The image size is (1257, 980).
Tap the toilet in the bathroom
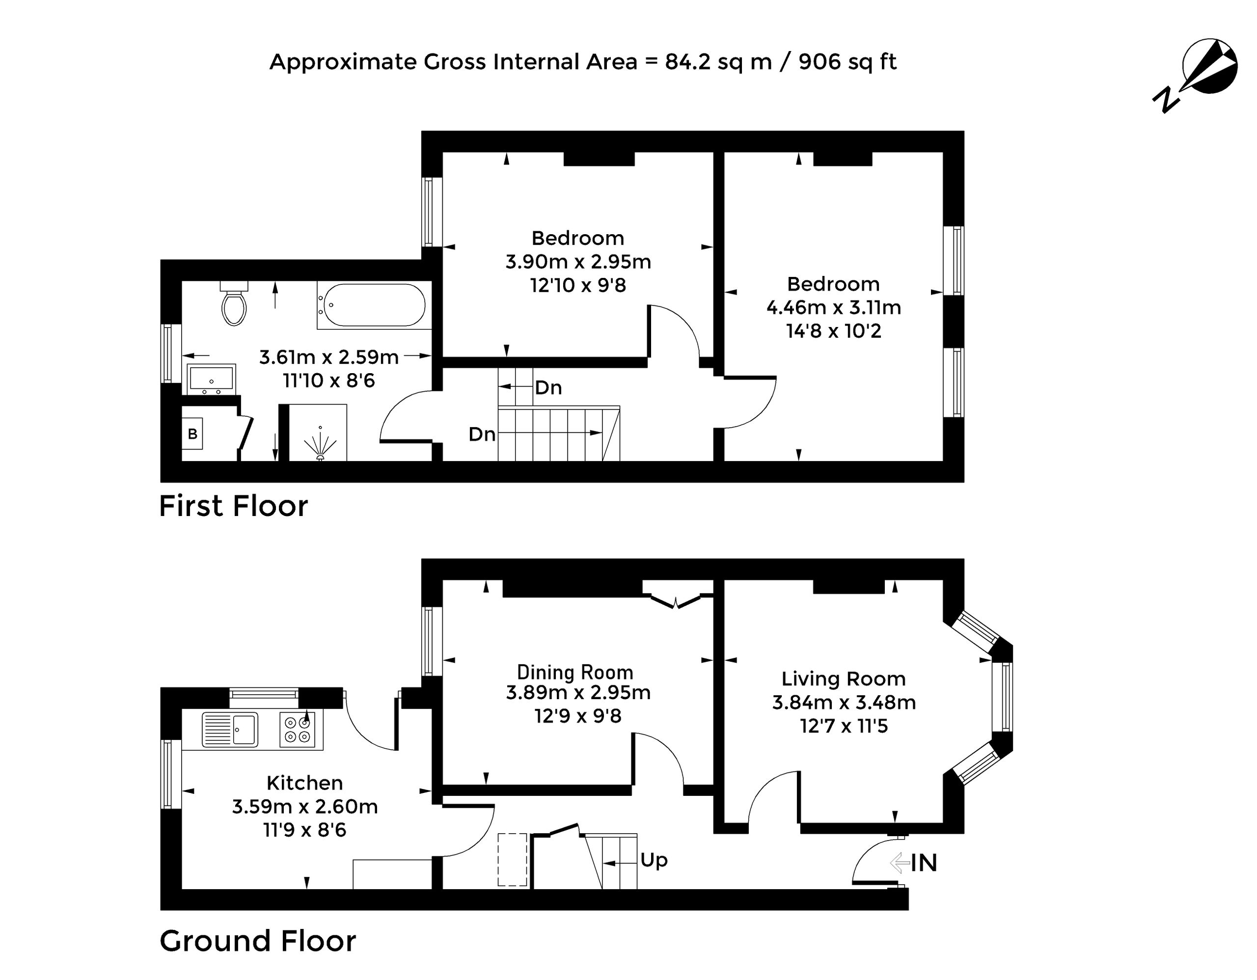click(234, 303)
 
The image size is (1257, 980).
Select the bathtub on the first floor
click(374, 305)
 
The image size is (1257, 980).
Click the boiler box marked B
click(192, 434)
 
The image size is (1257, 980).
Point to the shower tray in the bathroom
click(318, 432)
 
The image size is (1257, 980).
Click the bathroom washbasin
click(211, 379)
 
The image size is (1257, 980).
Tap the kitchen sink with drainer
click(230, 729)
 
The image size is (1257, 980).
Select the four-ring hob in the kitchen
click(298, 730)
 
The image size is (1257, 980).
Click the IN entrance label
click(924, 863)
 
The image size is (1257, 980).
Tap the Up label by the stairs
click(654, 860)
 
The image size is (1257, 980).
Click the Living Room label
click(844, 679)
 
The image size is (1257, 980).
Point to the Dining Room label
click(575, 672)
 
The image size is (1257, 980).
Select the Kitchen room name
click(304, 783)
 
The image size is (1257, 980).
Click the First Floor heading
click(233, 506)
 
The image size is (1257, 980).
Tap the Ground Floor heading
click(257, 941)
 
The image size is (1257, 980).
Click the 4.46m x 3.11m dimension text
click(833, 307)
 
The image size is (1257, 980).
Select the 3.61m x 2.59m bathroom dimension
click(328, 357)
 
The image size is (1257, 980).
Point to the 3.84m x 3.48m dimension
click(844, 702)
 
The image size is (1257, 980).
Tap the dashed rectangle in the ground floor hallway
click(512, 860)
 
